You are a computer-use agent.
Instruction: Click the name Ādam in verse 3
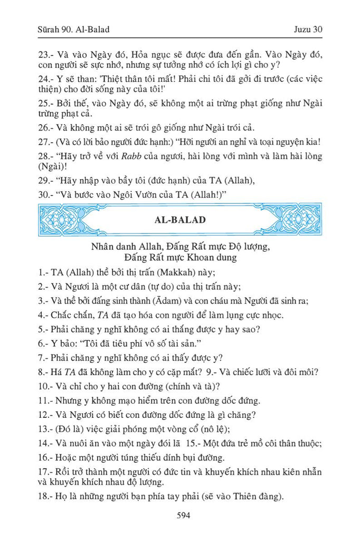188,301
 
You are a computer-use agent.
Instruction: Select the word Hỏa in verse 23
149,54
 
